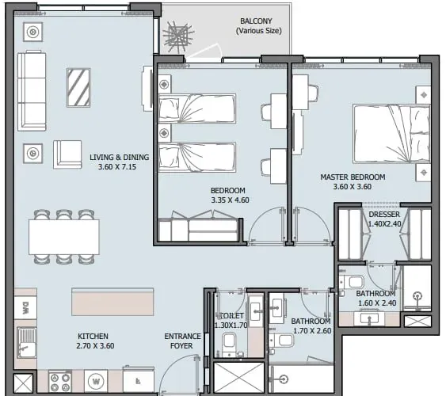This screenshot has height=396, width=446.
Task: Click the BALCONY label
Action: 256,21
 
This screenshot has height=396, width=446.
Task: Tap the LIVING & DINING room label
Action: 119,157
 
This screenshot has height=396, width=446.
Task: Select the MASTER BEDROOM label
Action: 353,177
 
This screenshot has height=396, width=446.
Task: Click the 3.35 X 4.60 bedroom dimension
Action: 230,200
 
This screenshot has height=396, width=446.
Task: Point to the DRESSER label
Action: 384,215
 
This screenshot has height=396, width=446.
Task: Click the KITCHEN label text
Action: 93,337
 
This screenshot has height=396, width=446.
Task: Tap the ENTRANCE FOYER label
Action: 182,341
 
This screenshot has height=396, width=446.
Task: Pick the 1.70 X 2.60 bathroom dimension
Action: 312,331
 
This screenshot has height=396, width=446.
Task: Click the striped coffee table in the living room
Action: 78,88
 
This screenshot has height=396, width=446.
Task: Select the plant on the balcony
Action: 177,37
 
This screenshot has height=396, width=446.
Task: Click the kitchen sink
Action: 26,343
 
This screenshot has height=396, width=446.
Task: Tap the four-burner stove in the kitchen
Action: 59,381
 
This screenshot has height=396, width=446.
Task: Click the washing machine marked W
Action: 96,381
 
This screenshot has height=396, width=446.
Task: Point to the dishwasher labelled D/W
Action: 25,308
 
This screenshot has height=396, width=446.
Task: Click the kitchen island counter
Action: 112,302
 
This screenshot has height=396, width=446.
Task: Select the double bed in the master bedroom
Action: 391,134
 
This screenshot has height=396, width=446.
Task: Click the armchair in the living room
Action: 67,154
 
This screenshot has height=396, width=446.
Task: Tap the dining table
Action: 64,237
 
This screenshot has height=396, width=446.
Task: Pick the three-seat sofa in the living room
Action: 32,90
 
